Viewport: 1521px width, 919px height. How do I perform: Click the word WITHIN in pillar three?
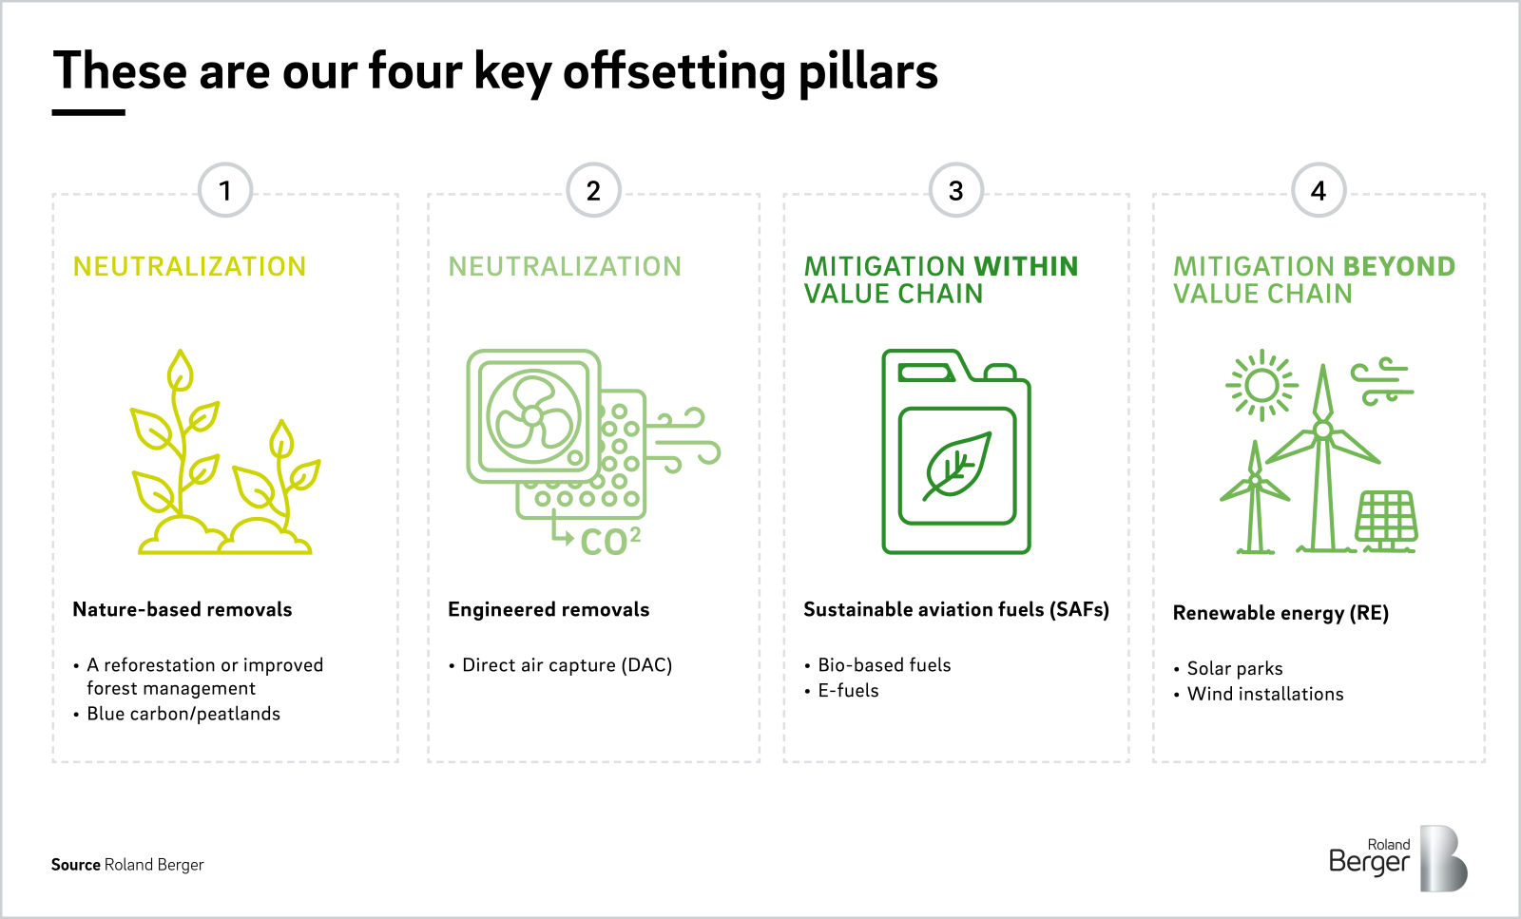coord(1026,267)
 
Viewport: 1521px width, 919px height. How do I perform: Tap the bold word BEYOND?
coord(1399,267)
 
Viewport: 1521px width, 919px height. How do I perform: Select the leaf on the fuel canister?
coord(956,467)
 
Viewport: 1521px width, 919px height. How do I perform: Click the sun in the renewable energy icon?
coord(1261,386)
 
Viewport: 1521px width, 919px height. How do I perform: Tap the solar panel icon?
coord(1387,519)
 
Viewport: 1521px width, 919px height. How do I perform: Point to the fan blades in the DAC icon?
coord(533,416)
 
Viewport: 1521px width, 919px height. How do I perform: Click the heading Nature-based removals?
coord(182,609)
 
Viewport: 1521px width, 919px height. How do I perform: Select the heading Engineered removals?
coord(549,609)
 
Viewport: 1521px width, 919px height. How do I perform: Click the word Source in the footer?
coord(76,865)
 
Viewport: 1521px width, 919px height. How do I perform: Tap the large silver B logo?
coord(1444,858)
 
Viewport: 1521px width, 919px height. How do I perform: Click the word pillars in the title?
coord(868,72)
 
